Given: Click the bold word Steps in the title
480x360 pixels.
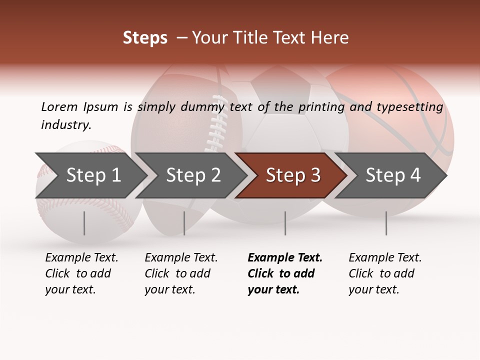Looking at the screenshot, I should (x=145, y=38).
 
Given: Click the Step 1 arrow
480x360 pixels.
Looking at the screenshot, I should (x=92, y=175).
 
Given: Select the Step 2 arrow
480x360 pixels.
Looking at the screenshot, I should (x=192, y=175).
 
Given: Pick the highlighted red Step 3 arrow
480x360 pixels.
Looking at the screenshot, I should (x=292, y=175).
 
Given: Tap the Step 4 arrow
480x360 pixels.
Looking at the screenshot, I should (x=392, y=175).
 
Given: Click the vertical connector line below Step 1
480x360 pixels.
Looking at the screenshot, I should (x=84, y=223).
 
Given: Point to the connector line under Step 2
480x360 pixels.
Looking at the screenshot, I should (x=184, y=223).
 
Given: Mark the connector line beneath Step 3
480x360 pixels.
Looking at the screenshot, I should (x=285, y=223).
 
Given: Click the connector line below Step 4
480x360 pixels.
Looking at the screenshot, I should (x=386, y=223).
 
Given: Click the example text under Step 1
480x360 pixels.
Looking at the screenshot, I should (x=81, y=273).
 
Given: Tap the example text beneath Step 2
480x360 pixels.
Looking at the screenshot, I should (x=180, y=273).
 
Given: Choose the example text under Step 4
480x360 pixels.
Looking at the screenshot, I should (x=384, y=273).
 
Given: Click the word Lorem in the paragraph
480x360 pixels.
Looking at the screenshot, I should (x=59, y=106).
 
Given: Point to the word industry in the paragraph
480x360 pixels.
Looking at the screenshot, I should (x=66, y=125).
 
